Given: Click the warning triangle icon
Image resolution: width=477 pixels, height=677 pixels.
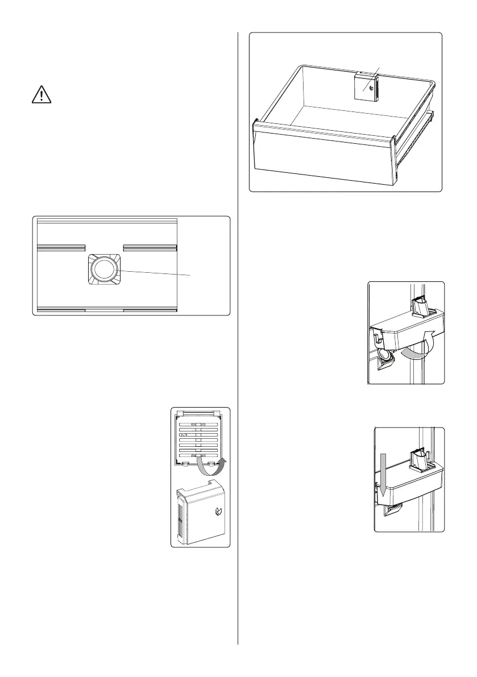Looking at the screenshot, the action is click(41, 94).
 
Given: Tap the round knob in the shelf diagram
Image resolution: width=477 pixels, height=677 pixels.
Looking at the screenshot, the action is click(103, 269).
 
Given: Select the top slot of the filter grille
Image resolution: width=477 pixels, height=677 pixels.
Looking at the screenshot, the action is click(200, 425).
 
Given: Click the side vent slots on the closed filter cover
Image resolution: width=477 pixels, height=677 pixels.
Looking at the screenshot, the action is click(181, 517).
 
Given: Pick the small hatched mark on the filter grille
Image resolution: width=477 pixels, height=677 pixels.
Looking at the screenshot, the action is click(184, 434).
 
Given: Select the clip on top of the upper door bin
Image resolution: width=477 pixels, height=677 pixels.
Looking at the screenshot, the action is click(421, 308).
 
